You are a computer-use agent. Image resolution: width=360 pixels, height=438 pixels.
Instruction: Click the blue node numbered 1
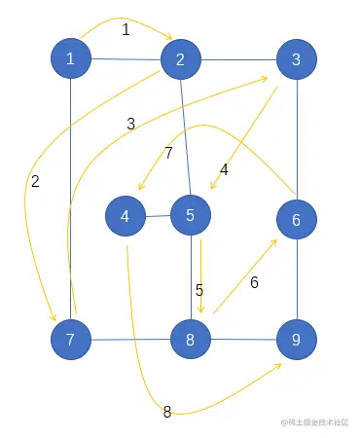click(x=70, y=59)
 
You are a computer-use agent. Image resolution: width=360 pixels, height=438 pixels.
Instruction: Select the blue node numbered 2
click(x=180, y=60)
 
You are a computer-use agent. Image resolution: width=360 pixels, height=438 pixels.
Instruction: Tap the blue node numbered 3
click(x=296, y=59)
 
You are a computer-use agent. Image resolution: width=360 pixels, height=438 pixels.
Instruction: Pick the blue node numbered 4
click(x=126, y=216)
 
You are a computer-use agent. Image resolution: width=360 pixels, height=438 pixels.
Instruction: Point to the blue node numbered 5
click(x=191, y=214)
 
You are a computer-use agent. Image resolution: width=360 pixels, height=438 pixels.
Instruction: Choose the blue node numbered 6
click(x=296, y=220)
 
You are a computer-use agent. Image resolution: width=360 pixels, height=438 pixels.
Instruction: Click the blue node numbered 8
click(x=191, y=340)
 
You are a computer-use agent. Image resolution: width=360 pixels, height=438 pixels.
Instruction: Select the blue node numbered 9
click(x=296, y=340)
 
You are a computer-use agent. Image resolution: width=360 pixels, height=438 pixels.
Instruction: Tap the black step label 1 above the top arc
click(x=126, y=30)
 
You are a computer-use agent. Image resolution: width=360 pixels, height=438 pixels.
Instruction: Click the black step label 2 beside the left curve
click(x=35, y=181)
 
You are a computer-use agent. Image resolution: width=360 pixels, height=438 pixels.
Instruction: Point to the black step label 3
click(x=130, y=124)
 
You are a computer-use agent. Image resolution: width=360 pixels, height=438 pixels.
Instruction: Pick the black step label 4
click(x=224, y=169)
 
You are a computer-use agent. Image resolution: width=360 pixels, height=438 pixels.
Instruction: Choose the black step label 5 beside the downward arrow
click(x=198, y=289)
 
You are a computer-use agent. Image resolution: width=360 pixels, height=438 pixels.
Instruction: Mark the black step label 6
click(x=254, y=282)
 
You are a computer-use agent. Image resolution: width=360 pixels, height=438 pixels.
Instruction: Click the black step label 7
click(x=168, y=153)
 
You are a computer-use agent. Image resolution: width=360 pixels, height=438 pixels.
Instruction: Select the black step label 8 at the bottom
click(x=166, y=412)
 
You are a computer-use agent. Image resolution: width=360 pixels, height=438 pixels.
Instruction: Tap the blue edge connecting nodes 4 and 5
click(x=159, y=215)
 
